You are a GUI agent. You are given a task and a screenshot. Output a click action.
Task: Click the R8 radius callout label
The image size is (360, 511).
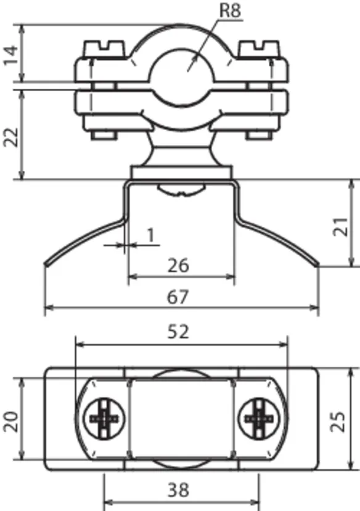(231, 10)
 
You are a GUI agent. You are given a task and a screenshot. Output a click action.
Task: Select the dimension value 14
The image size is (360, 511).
(10, 55)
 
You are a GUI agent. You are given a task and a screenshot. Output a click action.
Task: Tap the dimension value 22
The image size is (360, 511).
(10, 137)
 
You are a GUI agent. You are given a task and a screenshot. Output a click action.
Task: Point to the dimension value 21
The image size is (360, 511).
(340, 226)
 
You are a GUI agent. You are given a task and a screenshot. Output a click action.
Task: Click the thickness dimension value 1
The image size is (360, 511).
(150, 235)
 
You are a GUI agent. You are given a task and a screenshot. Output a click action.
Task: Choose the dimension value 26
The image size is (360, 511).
(178, 265)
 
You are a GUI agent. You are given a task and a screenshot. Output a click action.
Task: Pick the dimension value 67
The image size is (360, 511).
(178, 297)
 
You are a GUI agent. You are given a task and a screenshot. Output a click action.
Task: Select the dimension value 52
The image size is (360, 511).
(178, 332)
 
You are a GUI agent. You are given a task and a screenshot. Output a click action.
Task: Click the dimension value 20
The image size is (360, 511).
(10, 422)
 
